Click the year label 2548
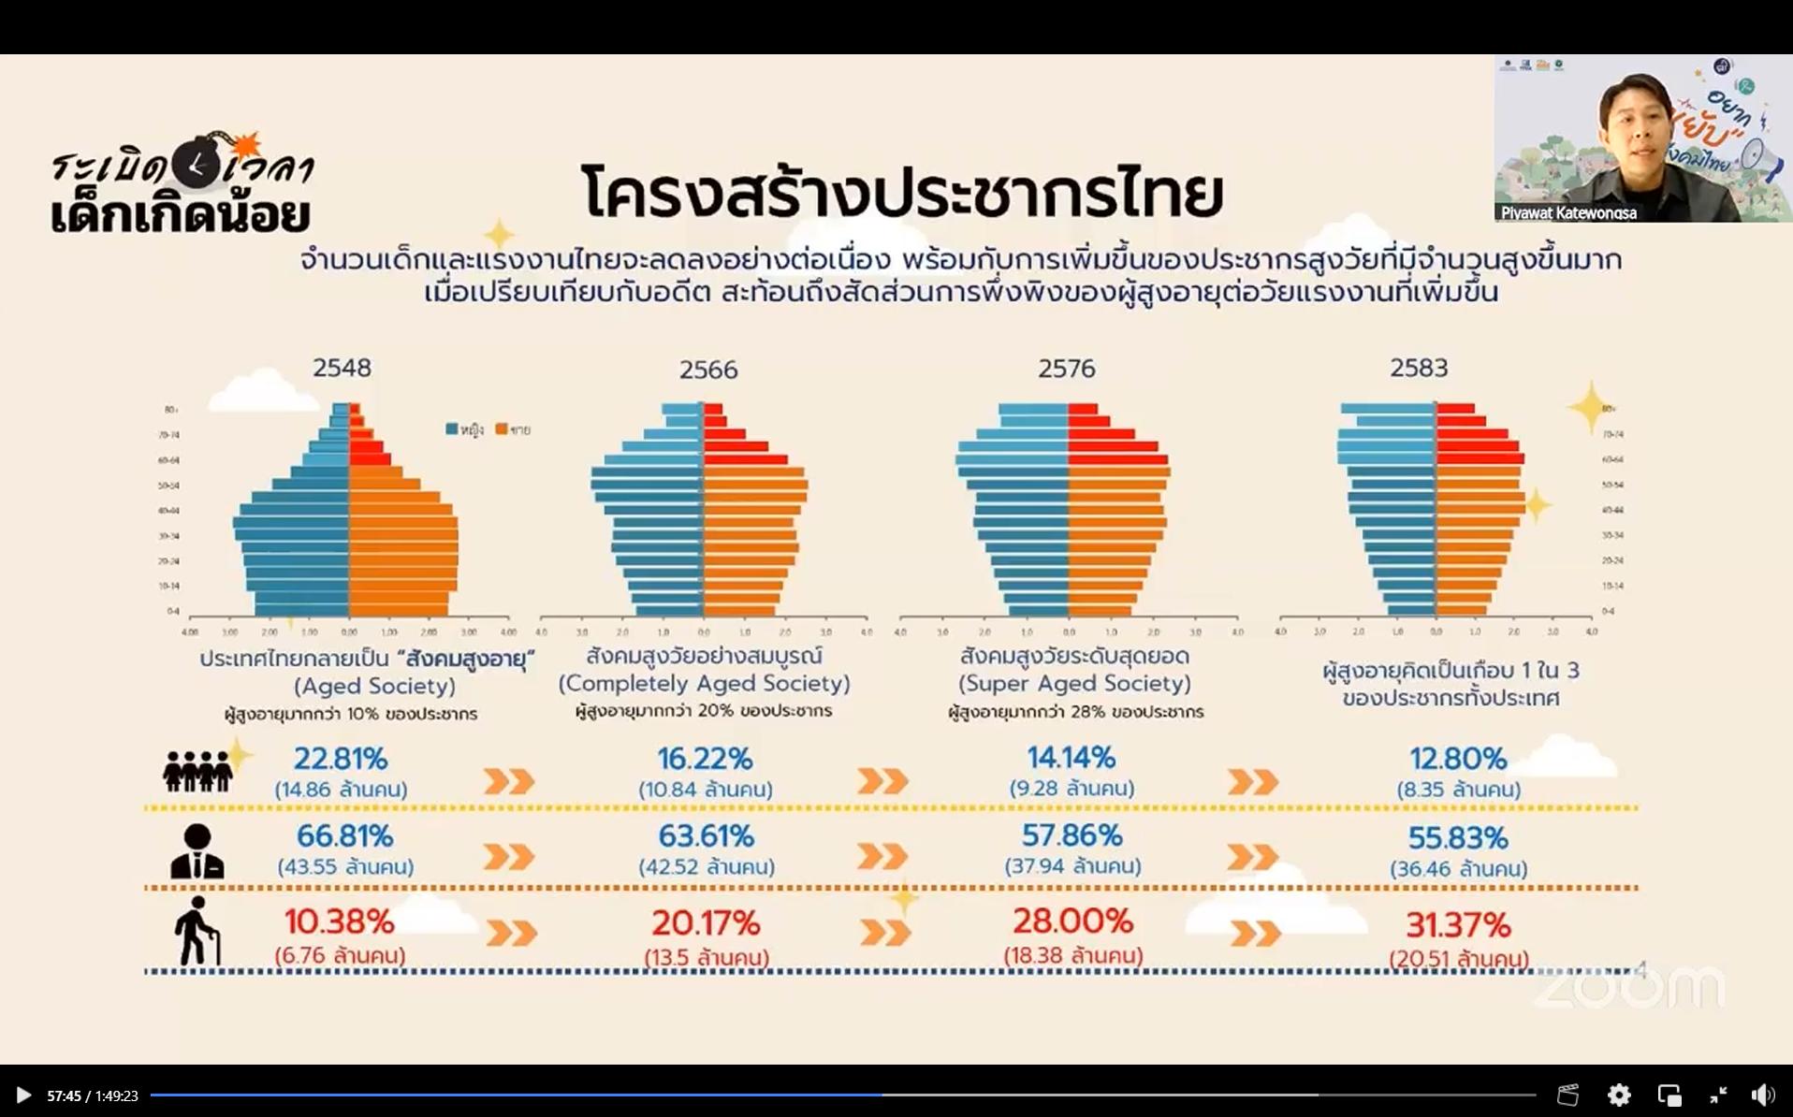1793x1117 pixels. [342, 368]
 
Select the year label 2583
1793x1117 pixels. [1419, 368]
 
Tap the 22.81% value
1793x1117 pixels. [341, 759]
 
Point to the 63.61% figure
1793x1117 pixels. [706, 835]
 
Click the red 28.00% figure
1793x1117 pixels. [1072, 921]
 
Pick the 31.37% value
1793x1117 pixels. [1458, 925]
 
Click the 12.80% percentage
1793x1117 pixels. [1458, 758]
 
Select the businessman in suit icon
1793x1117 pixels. [197, 851]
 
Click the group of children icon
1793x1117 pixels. [197, 771]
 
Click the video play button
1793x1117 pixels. [23, 1095]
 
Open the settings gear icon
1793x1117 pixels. [1619, 1095]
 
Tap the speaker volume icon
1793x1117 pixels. [1762, 1095]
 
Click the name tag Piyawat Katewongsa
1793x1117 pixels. [1568, 212]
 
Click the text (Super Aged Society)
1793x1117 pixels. [1074, 683]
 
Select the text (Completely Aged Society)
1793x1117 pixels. [705, 683]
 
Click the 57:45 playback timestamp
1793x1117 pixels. [64, 1095]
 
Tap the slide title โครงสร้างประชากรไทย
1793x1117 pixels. [902, 193]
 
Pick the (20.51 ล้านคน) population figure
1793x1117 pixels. [1458, 959]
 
